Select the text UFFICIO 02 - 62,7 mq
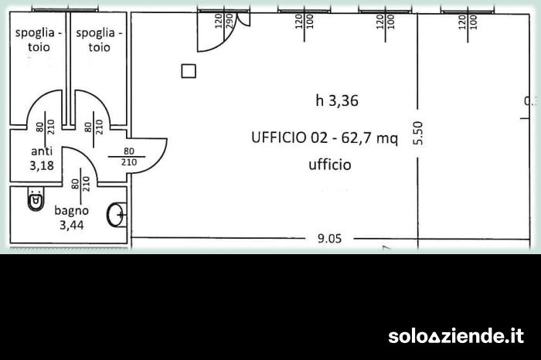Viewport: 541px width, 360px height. tap(324, 138)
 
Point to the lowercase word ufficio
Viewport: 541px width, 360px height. tap(329, 164)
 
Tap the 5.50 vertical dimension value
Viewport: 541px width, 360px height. tap(418, 133)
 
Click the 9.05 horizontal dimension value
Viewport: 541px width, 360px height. tap(329, 238)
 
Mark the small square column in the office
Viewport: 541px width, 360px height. tap(189, 72)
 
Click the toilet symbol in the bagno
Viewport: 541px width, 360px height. tap(35, 201)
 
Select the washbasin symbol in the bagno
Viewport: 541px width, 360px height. tap(117, 215)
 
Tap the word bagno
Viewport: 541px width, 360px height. tap(71, 210)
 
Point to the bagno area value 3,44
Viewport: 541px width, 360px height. tap(71, 225)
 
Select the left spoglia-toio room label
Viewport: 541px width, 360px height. tap(34, 39)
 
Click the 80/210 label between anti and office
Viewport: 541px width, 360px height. tap(129, 157)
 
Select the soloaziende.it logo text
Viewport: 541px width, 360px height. tap(455, 336)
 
